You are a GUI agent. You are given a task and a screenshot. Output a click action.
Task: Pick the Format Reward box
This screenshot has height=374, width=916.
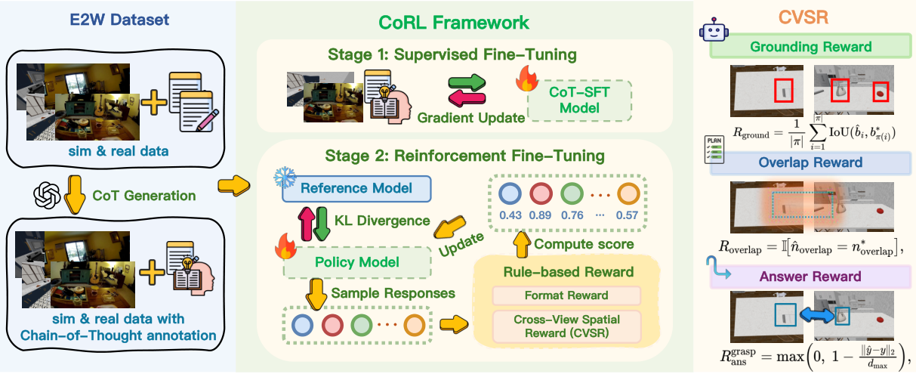[x=566, y=295]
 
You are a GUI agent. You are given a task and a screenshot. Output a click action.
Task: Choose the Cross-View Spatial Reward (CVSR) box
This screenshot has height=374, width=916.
[x=566, y=326]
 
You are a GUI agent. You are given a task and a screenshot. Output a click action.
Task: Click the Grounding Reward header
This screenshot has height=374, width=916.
[x=810, y=47]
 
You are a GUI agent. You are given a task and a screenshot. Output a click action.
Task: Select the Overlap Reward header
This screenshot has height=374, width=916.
[x=811, y=162]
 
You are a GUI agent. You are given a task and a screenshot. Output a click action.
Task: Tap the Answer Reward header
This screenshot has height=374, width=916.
[x=811, y=277]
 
